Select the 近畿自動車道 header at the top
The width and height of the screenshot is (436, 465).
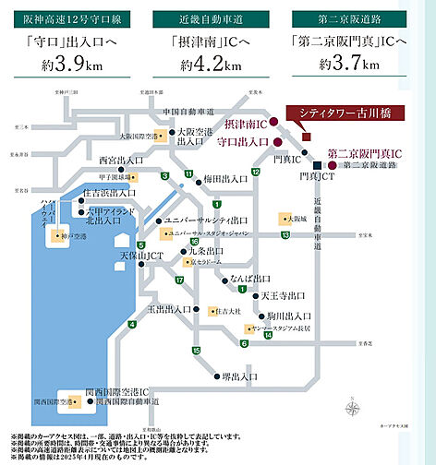[x=217, y=18]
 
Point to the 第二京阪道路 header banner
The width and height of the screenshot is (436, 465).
[x=363, y=18]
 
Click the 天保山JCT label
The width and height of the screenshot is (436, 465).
[x=112, y=253]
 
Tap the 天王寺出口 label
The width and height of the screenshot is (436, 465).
[x=281, y=294]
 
